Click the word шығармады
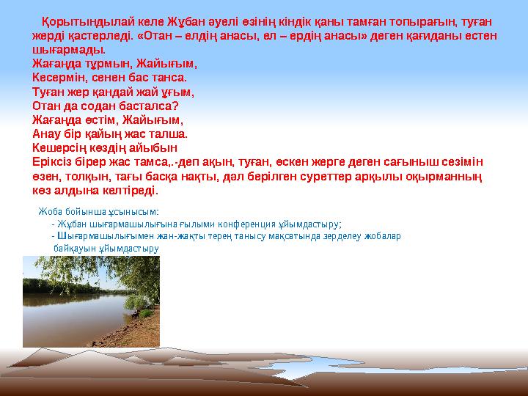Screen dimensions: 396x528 pyautogui.click(x=68, y=49)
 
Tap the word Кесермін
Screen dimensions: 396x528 pyautogui.click(x=59, y=77)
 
